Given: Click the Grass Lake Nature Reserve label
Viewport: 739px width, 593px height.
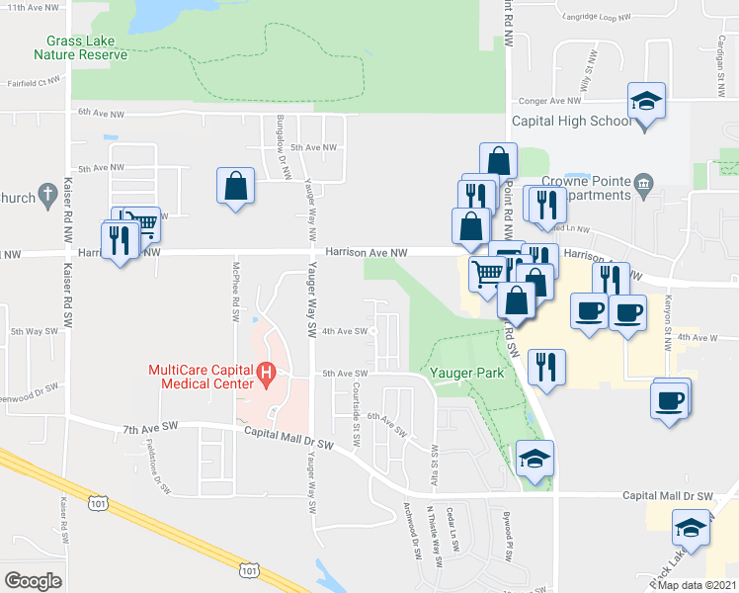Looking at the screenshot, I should [x=81, y=47].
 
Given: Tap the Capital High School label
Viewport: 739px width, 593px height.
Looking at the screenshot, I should [x=571, y=122].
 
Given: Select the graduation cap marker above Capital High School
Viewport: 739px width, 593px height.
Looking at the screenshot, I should [x=646, y=102].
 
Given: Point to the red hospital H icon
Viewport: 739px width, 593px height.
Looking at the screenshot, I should [x=265, y=374].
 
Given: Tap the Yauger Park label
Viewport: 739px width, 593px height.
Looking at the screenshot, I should [x=467, y=374].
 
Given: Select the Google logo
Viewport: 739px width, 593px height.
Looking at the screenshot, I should [x=33, y=580].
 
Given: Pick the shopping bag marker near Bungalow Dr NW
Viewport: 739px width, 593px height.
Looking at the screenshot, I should [x=236, y=185].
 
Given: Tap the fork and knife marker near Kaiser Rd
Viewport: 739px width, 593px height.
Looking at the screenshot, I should [x=120, y=240].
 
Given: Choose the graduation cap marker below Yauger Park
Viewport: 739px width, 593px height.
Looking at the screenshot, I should [x=534, y=459].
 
